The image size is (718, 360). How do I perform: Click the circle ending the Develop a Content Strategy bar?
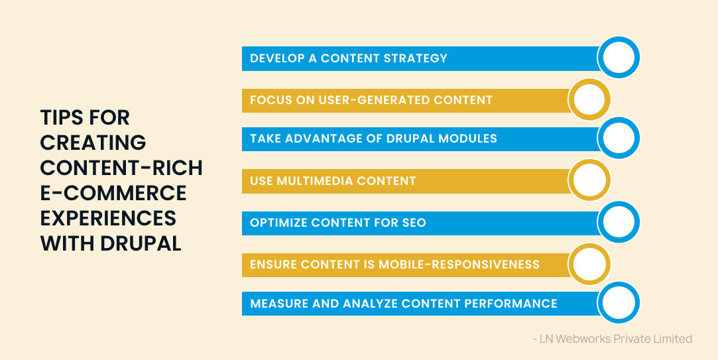(x=619, y=58)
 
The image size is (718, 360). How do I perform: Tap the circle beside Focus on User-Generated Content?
(x=589, y=100)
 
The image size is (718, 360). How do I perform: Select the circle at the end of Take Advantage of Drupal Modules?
(x=619, y=139)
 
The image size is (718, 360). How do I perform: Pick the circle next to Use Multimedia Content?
(x=589, y=180)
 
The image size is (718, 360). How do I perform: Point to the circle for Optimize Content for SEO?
(x=619, y=223)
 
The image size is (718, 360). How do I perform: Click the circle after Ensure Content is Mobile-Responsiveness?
(x=589, y=265)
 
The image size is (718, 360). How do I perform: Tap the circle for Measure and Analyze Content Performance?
(x=619, y=303)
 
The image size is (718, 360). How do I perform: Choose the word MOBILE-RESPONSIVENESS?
(x=459, y=265)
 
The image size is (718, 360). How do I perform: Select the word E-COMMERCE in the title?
(x=113, y=193)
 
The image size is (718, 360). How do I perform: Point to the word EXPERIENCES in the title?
(x=108, y=218)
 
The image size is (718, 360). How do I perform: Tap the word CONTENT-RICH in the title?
(x=121, y=168)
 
